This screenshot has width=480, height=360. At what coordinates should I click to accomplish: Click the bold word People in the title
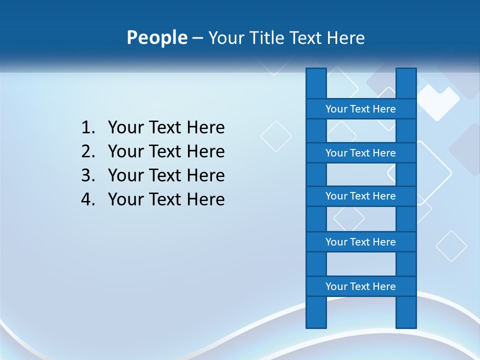point(156,37)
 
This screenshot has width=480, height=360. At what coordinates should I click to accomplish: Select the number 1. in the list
point(88,128)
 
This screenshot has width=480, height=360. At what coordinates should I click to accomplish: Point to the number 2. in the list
point(88,151)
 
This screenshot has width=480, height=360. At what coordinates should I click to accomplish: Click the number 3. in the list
point(88,175)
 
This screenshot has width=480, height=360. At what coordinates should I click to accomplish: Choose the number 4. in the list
point(88,199)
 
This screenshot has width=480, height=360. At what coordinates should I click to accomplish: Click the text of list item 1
point(166,128)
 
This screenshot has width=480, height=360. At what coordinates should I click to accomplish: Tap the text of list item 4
point(166,199)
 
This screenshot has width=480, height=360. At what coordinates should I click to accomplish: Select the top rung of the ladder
point(360,108)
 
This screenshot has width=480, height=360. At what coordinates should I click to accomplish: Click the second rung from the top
point(360,152)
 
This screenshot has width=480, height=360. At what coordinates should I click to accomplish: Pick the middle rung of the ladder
point(360,196)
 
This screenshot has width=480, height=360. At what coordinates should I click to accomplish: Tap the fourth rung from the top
point(360,241)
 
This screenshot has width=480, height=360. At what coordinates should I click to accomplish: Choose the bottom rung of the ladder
point(360,286)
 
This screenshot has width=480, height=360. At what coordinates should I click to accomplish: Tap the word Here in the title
point(345,38)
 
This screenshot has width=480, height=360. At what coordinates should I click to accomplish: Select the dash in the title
point(197,38)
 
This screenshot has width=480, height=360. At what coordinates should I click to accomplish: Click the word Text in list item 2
point(166,151)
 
